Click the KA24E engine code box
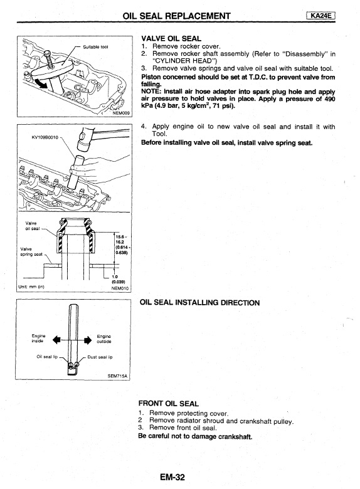pyautogui.click(x=320, y=16)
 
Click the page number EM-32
pyautogui.click(x=172, y=477)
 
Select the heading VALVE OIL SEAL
pyautogui.click(x=171, y=39)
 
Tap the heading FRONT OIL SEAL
pyautogui.click(x=169, y=404)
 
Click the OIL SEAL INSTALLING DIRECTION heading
pyautogui.click(x=199, y=303)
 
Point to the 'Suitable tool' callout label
pyautogui.click(x=95, y=47)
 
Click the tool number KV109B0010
pyautogui.click(x=45, y=137)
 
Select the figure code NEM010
pyautogui.click(x=120, y=288)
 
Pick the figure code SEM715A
pyautogui.click(x=118, y=376)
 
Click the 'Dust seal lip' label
pyautogui.click(x=100, y=357)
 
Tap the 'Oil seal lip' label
pyautogui.click(x=47, y=357)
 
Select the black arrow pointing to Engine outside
pyautogui.click(x=87, y=340)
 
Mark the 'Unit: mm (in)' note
pyautogui.click(x=31, y=287)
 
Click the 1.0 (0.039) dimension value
pyautogui.click(x=119, y=279)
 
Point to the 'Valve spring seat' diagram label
pyautogui.click(x=31, y=251)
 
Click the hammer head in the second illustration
pyautogui.click(x=83, y=139)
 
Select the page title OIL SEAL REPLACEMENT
pyautogui.click(x=177, y=16)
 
